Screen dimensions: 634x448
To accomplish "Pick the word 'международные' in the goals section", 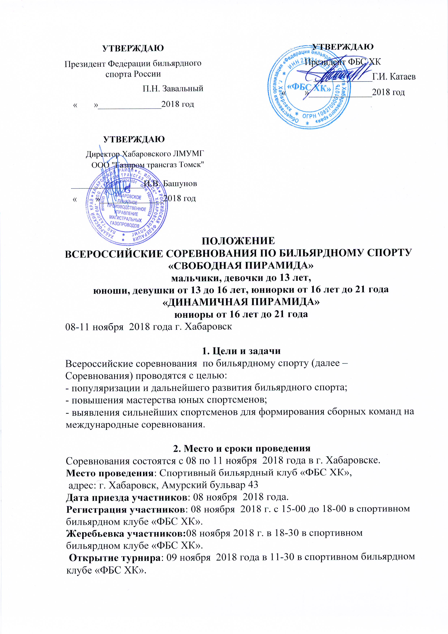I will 102,424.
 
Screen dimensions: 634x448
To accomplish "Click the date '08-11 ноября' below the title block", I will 94,327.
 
